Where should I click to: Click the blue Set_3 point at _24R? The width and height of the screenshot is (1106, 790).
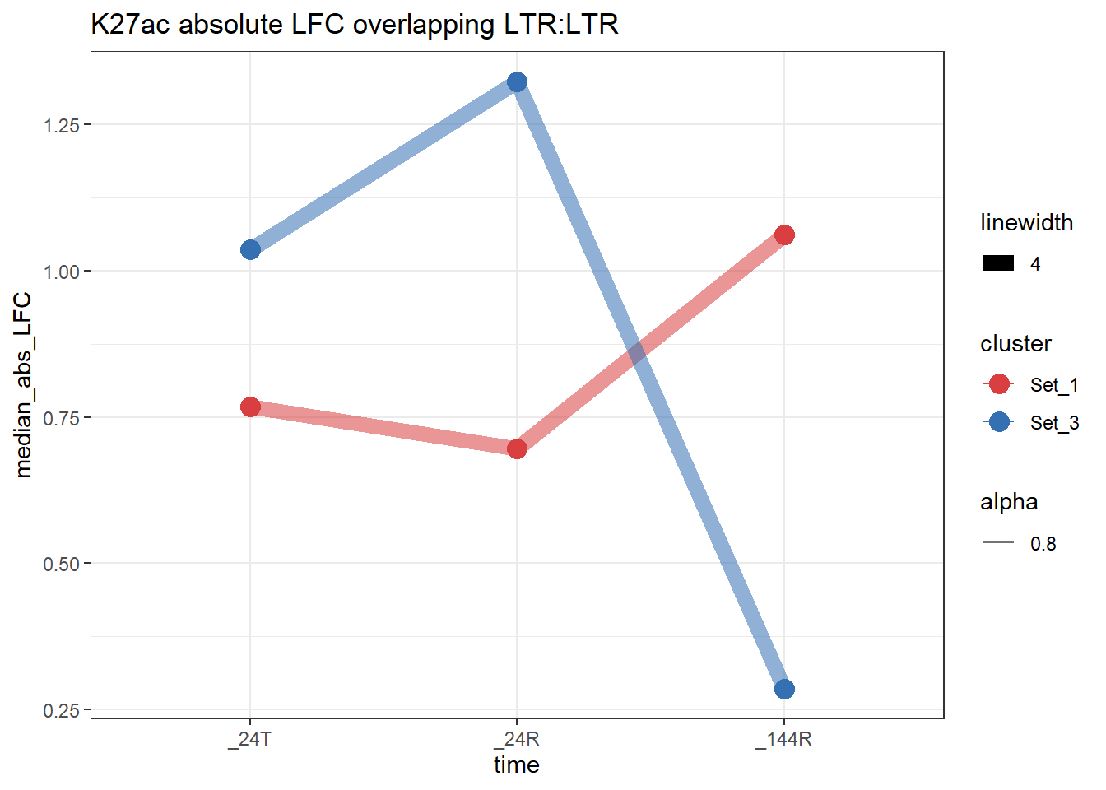coord(517,81)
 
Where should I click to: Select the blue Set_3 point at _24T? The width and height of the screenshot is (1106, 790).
coord(251,249)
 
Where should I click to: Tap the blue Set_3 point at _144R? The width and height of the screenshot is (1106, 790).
coord(784,689)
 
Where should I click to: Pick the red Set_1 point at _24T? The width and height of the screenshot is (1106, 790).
coord(251,407)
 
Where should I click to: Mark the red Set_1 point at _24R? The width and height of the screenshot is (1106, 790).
coord(517,448)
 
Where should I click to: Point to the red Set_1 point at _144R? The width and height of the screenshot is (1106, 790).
coord(784,235)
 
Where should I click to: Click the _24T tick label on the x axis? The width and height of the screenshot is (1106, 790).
coord(250,739)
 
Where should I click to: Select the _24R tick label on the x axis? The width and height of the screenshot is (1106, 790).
coord(517,739)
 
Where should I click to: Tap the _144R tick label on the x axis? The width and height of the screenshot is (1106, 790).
coord(784,739)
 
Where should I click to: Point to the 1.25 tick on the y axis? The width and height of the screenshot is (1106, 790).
coord(62,125)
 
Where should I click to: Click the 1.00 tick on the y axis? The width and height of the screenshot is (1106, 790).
coord(62,272)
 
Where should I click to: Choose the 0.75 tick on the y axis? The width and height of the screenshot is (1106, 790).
coord(62,418)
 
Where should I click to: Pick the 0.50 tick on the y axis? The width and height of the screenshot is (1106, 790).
coord(62,565)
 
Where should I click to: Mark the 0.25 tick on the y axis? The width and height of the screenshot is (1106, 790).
coord(62,710)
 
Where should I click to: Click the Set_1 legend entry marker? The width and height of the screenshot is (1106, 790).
coord(999,384)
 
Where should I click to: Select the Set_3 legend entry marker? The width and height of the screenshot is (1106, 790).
coord(999,422)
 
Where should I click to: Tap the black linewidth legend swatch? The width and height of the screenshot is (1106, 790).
coord(999,264)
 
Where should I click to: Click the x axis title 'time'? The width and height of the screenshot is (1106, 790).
coord(517,765)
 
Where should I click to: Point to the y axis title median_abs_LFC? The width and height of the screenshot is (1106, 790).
coord(24,384)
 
